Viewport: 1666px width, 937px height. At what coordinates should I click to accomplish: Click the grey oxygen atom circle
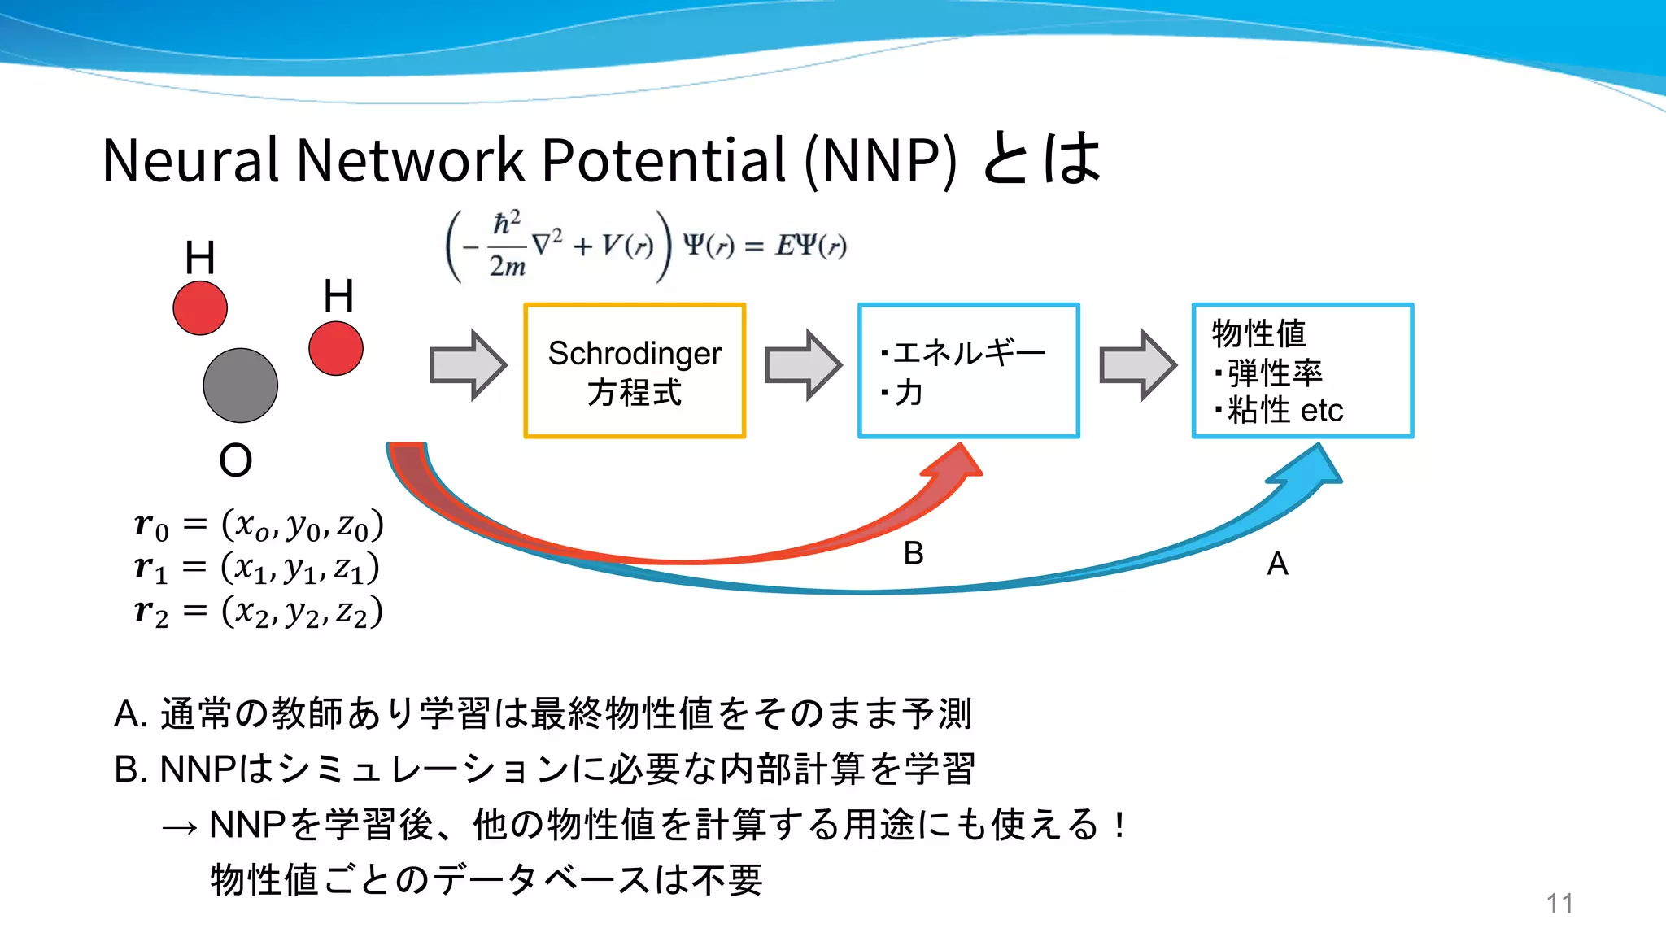pos(240,386)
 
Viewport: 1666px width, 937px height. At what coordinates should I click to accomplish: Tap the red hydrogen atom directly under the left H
pos(200,308)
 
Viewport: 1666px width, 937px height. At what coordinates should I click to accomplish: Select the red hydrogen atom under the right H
pos(336,348)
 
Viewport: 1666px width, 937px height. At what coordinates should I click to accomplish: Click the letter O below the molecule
pos(235,460)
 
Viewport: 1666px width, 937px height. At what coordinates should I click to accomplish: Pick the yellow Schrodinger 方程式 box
pos(635,371)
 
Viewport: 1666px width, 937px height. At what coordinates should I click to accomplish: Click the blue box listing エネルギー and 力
pos(968,371)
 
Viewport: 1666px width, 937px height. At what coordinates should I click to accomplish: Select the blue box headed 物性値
pos(1302,371)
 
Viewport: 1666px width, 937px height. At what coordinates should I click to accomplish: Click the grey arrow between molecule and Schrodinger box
pos(468,365)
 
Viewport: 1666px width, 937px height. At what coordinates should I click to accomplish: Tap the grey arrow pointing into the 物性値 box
pos(1137,365)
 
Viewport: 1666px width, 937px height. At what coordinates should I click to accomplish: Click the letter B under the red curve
pos(914,554)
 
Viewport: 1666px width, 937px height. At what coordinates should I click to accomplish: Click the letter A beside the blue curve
pos(1277,564)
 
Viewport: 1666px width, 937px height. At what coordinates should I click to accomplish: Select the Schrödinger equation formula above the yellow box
pos(647,245)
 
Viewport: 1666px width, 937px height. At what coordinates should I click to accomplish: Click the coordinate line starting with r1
pos(257,568)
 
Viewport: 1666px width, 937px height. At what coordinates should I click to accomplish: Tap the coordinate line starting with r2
pos(259,612)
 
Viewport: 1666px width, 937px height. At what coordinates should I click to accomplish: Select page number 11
pos(1559,904)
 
